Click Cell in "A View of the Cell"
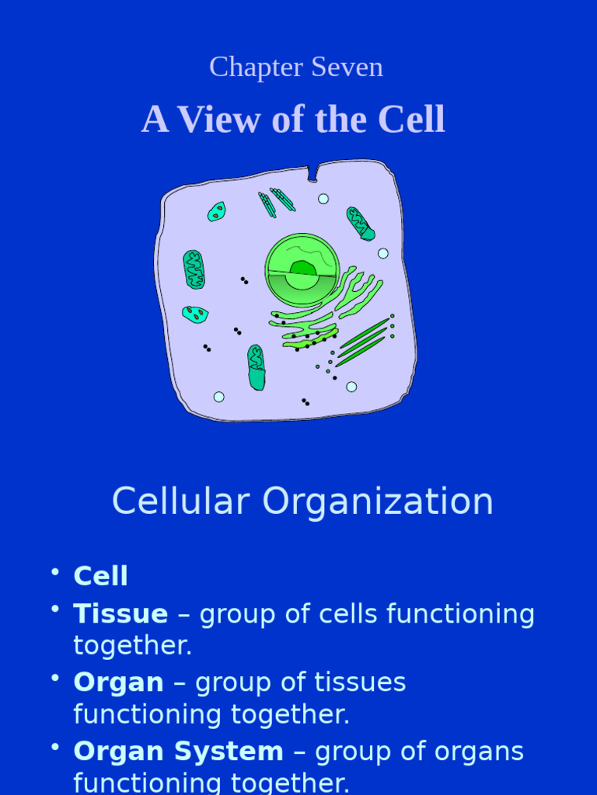click(411, 120)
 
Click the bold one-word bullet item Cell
click(100, 576)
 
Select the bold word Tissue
click(120, 614)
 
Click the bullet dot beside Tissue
click(55, 609)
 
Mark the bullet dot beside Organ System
click(55, 746)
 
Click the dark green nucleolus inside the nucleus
click(302, 269)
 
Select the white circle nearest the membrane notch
click(323, 199)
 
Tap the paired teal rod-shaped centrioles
click(276, 201)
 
